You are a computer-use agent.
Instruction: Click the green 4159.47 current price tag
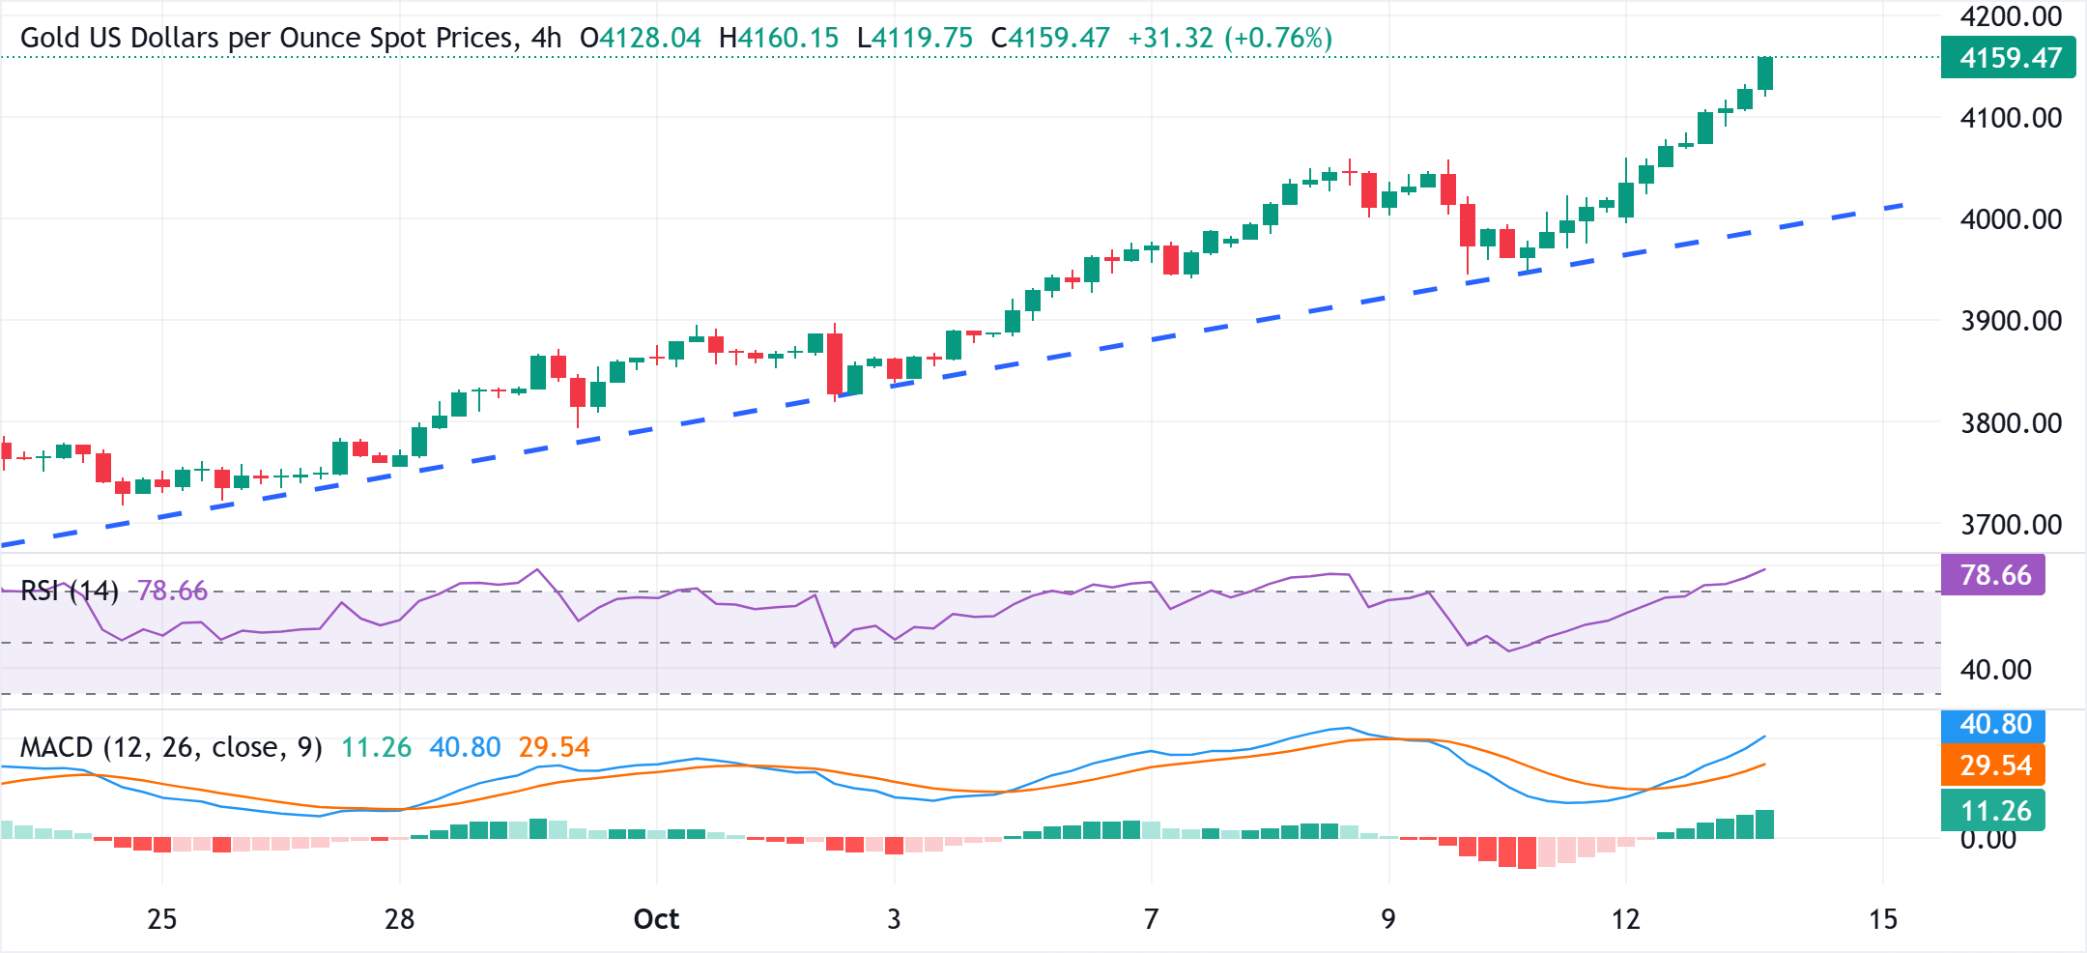(x=2008, y=58)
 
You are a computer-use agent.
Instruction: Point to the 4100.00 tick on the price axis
(x=2010, y=118)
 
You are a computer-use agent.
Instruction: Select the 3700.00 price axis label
(x=2010, y=525)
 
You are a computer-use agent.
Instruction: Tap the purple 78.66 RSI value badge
(x=1994, y=575)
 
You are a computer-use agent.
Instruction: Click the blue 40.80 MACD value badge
(x=1994, y=724)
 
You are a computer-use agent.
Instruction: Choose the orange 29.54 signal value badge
(x=1994, y=765)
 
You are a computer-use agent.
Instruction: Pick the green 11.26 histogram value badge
(x=1994, y=810)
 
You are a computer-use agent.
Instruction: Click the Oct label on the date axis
(x=656, y=919)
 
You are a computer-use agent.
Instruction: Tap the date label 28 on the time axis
(x=399, y=919)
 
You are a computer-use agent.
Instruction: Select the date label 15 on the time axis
(x=1882, y=919)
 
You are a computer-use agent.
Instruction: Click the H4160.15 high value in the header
(x=779, y=38)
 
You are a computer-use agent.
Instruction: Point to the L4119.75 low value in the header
(x=914, y=38)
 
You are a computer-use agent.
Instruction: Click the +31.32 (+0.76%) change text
(x=1229, y=38)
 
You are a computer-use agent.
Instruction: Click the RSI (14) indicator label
(x=69, y=591)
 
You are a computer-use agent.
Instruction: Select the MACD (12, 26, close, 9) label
(x=171, y=747)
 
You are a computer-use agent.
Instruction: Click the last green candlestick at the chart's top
(x=1765, y=73)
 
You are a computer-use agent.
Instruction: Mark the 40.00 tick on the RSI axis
(x=1994, y=669)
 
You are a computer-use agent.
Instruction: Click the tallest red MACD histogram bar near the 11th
(x=1527, y=852)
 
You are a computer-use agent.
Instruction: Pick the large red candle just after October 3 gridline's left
(x=835, y=363)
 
